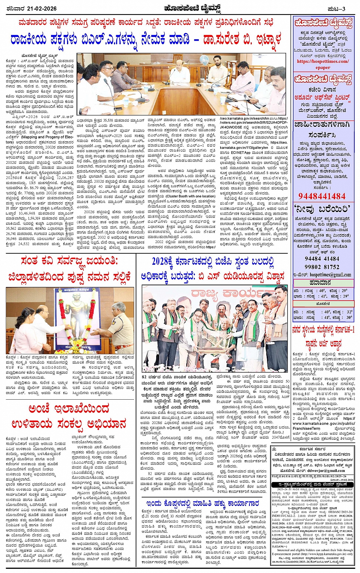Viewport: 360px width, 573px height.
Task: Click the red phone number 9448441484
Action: coord(322,196)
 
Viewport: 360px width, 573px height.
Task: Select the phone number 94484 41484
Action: coord(322,259)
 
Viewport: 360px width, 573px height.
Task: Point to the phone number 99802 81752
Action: coord(322,267)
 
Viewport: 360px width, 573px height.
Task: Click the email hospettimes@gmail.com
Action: coord(330,275)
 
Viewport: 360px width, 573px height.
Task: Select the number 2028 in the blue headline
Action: coord(163,261)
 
